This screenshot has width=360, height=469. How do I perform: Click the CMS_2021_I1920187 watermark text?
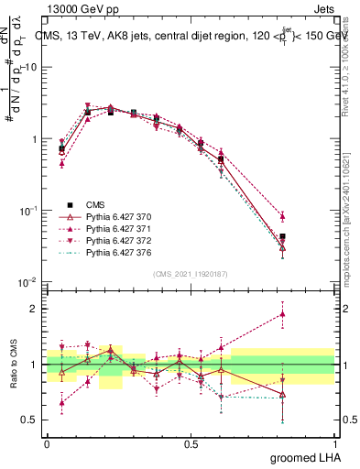tap(191, 273)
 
